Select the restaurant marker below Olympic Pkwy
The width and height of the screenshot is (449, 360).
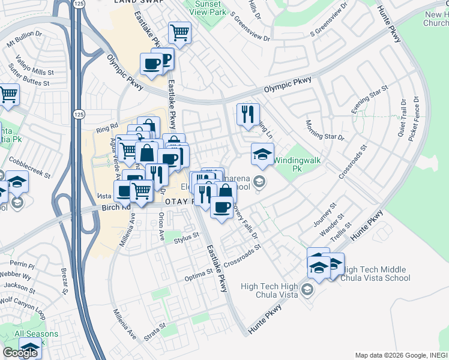pyautogui.click(x=247, y=114)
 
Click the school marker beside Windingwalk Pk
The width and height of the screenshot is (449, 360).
pyautogui.click(x=262, y=155)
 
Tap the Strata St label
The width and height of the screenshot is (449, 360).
pyautogui.click(x=154, y=331)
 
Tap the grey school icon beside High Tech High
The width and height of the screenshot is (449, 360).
pyautogui.click(x=307, y=290)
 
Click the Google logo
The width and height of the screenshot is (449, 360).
pyautogui.click(x=20, y=352)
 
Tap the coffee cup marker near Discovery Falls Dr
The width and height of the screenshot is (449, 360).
pyautogui.click(x=221, y=208)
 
